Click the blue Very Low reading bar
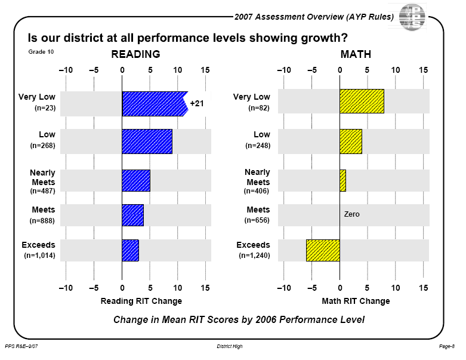154,103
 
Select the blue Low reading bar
147,141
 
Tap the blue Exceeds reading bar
130,250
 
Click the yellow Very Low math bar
362,101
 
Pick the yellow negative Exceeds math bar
323,250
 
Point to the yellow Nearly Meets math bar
342,180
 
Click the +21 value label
197,103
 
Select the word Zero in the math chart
352,214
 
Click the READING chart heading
136,54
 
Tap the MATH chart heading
356,54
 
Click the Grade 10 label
41,52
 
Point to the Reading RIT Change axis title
141,301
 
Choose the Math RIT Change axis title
356,301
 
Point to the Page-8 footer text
446,346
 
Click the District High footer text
230,346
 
